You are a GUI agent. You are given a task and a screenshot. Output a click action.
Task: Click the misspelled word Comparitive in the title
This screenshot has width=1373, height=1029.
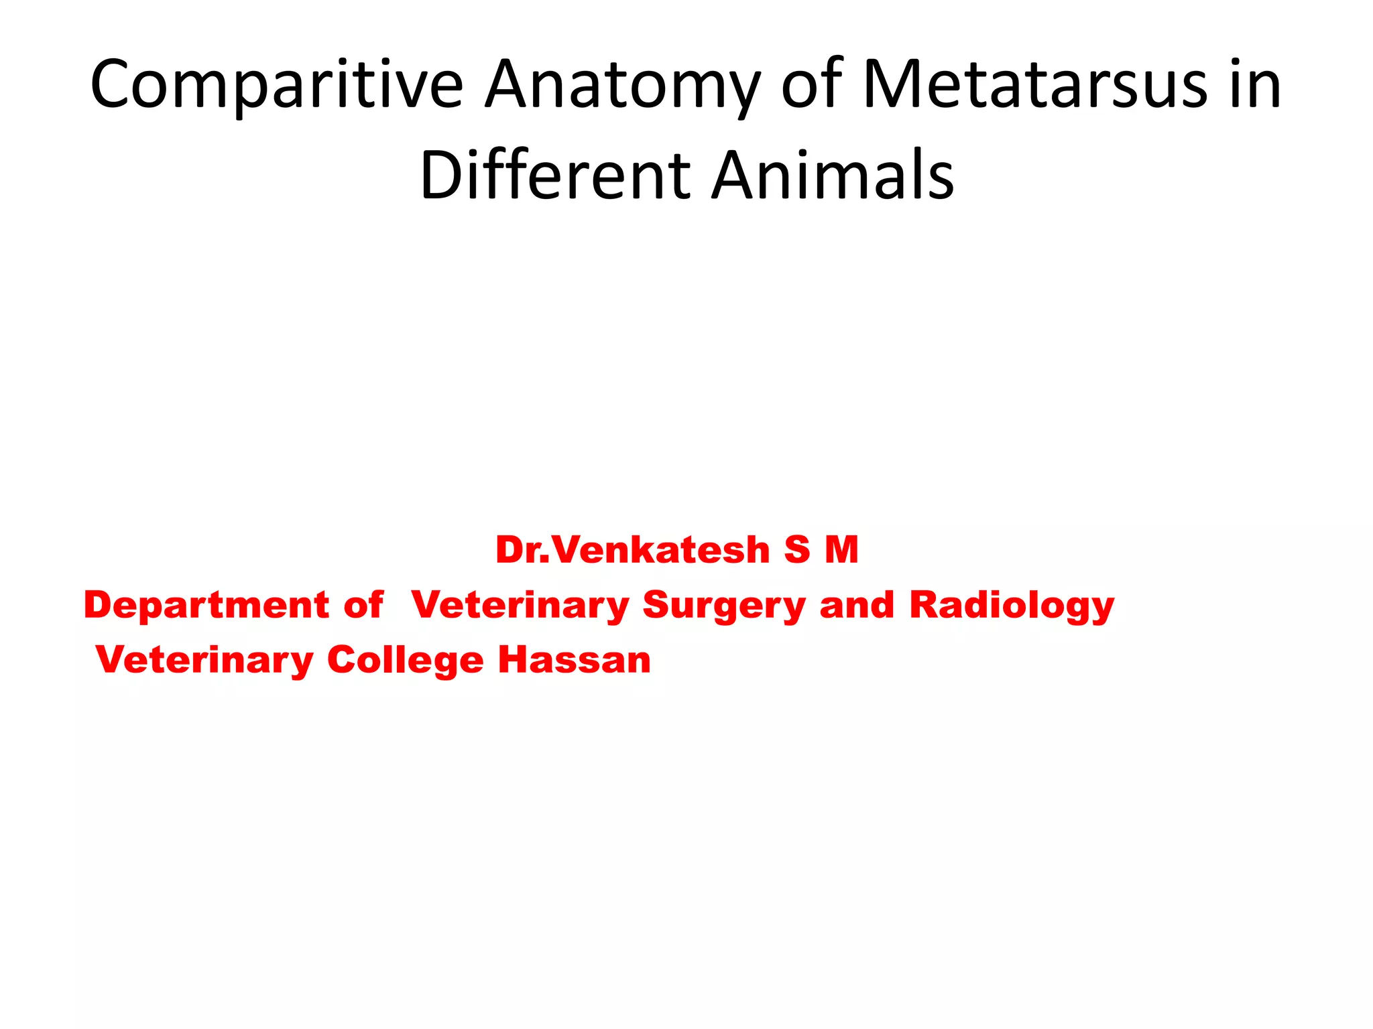[276, 86]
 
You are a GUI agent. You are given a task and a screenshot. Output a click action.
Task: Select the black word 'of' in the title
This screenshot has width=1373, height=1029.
[812, 84]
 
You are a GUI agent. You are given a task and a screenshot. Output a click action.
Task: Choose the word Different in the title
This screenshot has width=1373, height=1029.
[555, 176]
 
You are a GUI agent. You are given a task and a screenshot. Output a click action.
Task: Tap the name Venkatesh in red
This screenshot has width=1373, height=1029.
[662, 550]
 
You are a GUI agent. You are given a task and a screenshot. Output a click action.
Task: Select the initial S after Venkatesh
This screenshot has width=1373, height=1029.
[797, 550]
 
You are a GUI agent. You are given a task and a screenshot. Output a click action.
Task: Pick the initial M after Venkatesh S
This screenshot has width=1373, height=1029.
[841, 550]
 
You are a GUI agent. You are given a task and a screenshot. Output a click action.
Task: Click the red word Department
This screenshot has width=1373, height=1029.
[205, 606]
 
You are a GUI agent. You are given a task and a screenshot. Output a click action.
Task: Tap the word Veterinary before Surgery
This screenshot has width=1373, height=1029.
[520, 606]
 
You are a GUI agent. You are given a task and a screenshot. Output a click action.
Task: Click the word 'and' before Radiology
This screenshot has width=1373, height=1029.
[857, 605]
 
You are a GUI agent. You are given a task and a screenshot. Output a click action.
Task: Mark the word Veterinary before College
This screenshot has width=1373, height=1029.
[204, 661]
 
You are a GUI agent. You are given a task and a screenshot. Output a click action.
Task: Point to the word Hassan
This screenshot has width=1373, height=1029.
[575, 661]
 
